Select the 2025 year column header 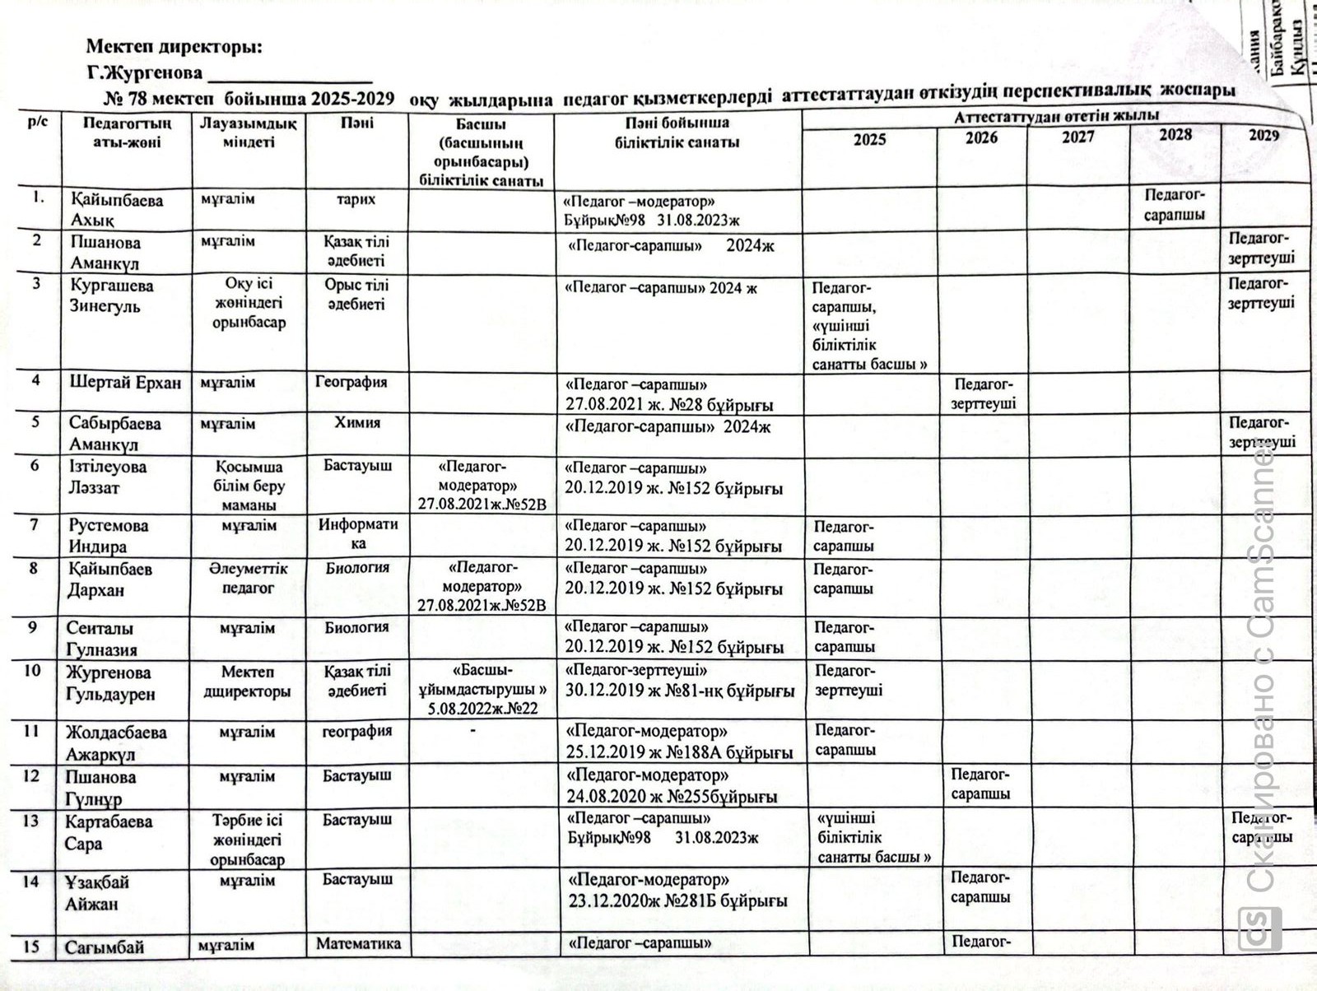coord(869,139)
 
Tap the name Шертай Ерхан coord(125,383)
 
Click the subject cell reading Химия coord(357,422)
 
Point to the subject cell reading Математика coord(358,943)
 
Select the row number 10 coord(32,671)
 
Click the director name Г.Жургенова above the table coord(145,72)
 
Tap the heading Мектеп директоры coord(175,47)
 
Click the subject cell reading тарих coord(356,199)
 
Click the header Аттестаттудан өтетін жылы coord(1057,116)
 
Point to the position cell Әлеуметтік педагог coord(249,578)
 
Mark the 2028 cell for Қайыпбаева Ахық coord(1175,204)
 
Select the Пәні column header coord(357,123)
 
